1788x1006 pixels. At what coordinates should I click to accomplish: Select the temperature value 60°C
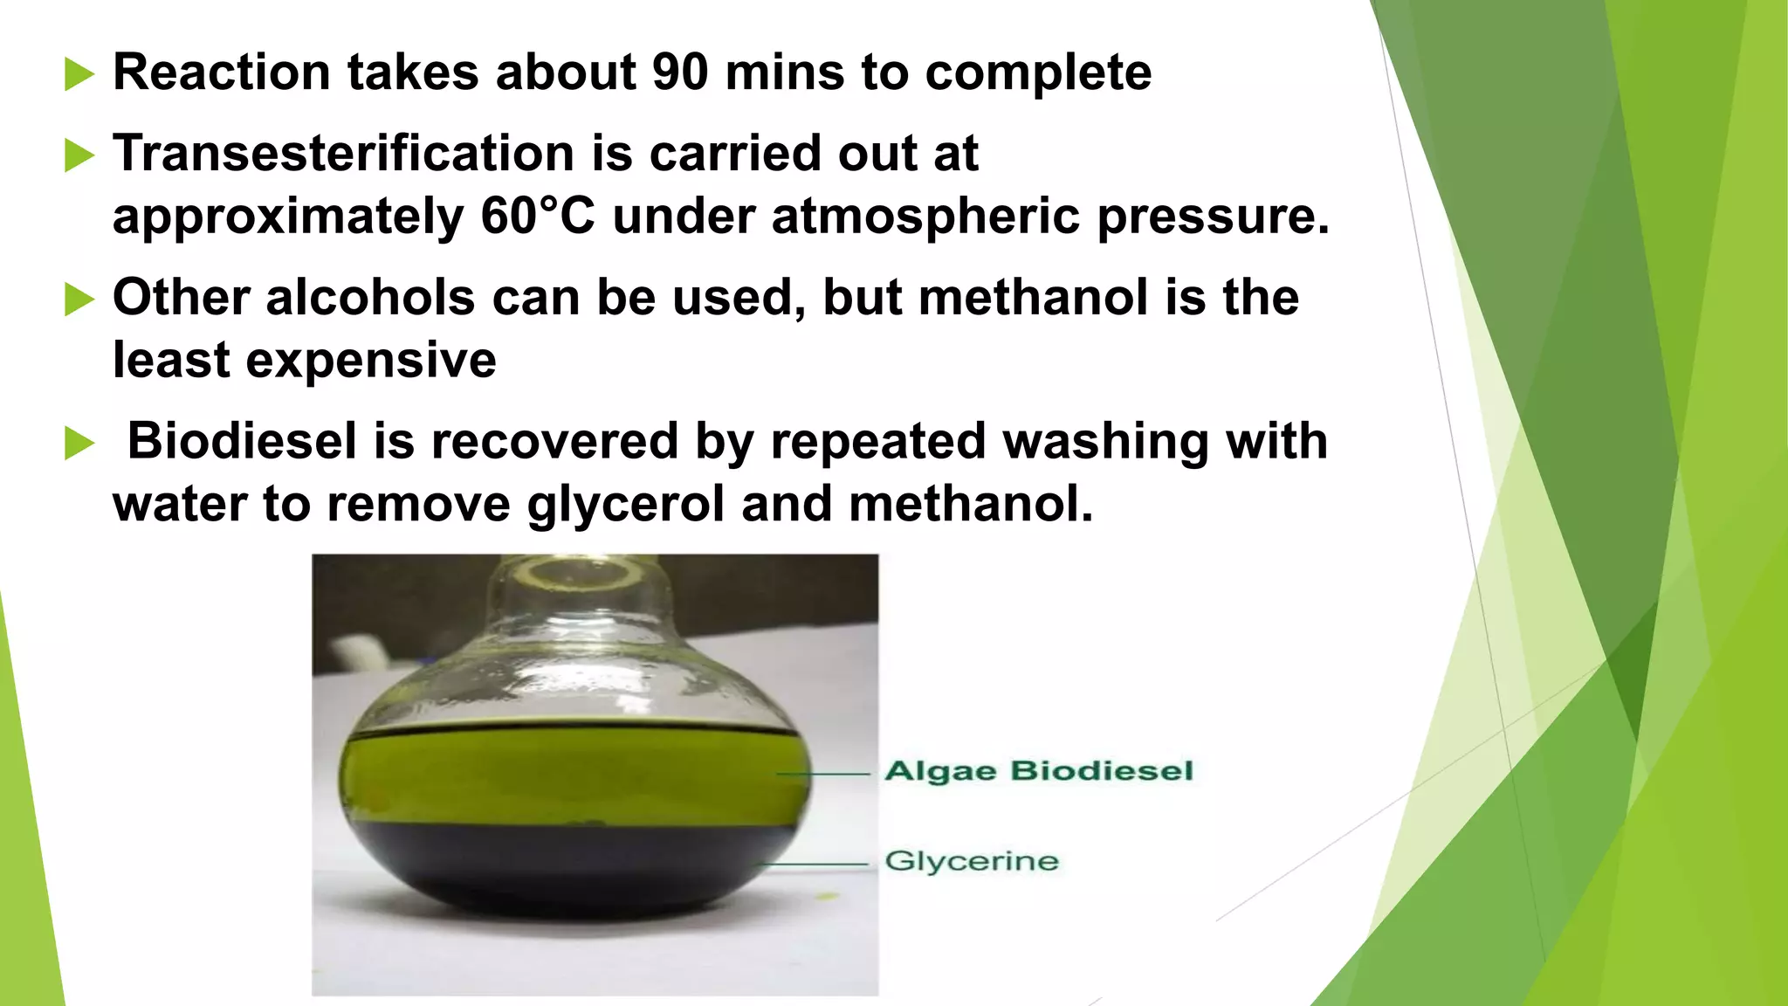click(x=537, y=217)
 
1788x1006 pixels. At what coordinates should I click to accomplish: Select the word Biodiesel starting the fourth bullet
click(x=243, y=441)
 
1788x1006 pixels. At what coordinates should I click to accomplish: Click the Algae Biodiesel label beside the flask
click(x=1038, y=772)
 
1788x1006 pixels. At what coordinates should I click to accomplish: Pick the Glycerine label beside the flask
click(x=971, y=862)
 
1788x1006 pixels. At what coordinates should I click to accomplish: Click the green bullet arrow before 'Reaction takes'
click(x=79, y=75)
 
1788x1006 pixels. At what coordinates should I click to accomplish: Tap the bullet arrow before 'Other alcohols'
click(x=79, y=300)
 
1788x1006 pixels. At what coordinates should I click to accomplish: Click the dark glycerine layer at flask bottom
click(x=567, y=869)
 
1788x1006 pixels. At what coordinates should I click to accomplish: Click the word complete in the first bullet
click(x=1038, y=74)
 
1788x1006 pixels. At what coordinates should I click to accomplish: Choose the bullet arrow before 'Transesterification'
click(x=79, y=156)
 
